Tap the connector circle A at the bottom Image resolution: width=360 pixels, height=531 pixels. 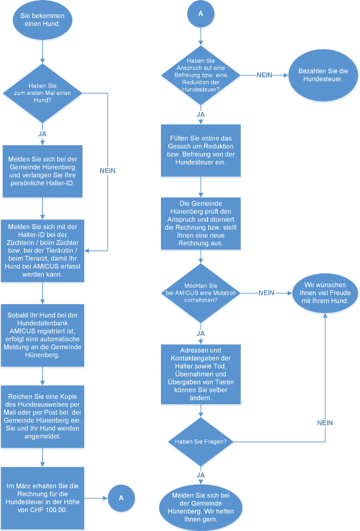[121, 498]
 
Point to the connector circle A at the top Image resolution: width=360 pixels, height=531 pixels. [200, 15]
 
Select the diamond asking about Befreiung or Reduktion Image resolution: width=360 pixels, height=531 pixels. [200, 75]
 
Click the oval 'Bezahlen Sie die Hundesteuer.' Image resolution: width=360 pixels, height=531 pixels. [324, 75]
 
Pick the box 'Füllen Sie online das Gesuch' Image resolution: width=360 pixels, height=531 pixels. [200, 150]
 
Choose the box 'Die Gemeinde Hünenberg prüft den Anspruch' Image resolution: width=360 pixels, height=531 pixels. [200, 223]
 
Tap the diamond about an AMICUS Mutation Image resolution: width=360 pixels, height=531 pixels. [200, 293]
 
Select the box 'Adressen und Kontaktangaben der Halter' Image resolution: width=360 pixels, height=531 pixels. [200, 374]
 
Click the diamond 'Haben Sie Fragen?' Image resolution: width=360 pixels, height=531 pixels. [200, 441]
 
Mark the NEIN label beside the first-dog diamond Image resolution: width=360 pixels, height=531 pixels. [107, 170]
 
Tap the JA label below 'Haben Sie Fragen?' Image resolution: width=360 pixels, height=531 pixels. [200, 474]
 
